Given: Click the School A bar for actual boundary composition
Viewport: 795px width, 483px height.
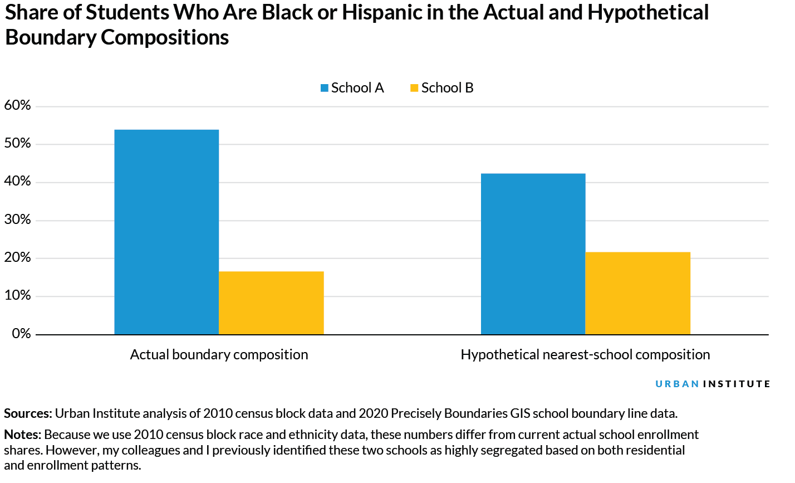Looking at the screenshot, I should click(x=166, y=232).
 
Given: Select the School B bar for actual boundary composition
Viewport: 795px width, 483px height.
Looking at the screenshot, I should click(x=271, y=303).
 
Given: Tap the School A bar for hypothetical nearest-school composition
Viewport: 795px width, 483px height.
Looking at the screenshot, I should click(x=533, y=253).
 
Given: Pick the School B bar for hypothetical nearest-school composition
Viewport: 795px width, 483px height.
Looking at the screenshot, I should click(x=637, y=293).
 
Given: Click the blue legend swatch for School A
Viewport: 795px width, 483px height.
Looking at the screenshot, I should click(x=325, y=88).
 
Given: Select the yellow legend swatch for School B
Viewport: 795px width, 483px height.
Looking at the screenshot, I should click(x=414, y=88).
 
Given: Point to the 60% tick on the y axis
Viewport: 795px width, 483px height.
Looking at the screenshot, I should click(x=17, y=105).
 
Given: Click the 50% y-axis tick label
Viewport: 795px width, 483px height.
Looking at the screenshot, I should click(x=17, y=144).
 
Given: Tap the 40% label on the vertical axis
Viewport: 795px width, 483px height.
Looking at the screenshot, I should click(x=17, y=182).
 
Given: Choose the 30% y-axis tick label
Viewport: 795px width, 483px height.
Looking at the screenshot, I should click(x=17, y=219).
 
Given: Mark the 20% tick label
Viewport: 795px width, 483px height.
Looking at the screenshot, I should click(x=17, y=257).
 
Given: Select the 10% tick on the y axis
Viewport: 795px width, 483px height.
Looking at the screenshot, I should click(x=17, y=295).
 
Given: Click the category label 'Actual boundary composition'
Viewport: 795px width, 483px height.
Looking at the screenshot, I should click(x=219, y=355).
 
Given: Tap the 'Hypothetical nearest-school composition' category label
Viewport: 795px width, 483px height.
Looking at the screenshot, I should click(x=585, y=355).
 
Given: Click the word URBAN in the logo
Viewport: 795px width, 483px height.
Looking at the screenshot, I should click(x=677, y=384).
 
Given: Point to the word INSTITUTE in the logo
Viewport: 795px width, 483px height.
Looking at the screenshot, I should click(x=737, y=384).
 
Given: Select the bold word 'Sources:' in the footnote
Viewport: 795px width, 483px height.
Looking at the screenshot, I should click(x=28, y=413).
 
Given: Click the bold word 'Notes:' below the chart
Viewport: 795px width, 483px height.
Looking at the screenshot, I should click(x=22, y=435).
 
